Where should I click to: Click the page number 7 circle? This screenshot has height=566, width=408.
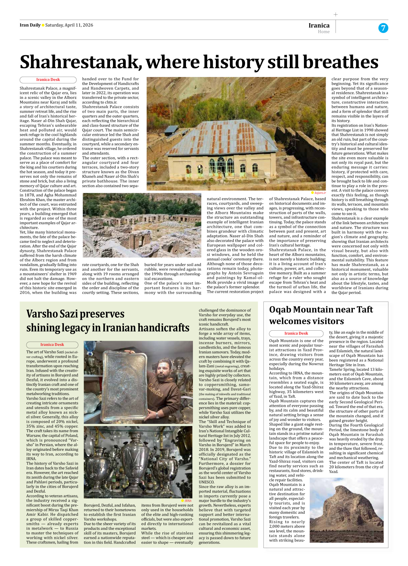click(x=383, y=28)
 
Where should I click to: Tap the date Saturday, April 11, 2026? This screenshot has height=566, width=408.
click(x=69, y=25)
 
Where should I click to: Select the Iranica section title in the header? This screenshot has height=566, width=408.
click(x=319, y=25)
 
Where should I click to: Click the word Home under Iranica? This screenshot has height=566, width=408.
click(x=323, y=32)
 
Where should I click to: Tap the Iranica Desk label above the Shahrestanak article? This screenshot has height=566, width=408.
click(x=48, y=80)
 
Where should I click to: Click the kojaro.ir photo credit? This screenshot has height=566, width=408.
click(x=320, y=193)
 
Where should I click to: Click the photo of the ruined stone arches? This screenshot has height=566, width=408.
click(x=142, y=225)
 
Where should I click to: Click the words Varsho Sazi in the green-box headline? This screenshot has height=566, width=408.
click(x=52, y=314)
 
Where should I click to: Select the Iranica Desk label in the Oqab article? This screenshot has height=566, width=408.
click(x=296, y=333)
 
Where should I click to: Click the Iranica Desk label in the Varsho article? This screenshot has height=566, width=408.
click(x=52, y=345)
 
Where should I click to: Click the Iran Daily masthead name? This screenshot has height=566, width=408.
click(x=30, y=25)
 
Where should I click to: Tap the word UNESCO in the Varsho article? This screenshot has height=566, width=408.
click(x=207, y=482)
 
